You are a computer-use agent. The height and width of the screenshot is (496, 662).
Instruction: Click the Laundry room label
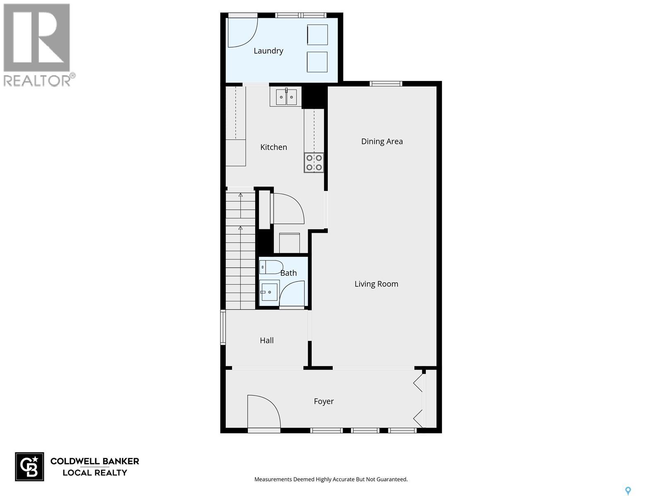[x=268, y=51]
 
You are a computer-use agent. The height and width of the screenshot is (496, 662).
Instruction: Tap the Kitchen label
[x=273, y=147]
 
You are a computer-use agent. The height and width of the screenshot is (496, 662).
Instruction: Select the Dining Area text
[x=381, y=141]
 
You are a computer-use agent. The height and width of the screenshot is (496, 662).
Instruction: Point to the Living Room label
[x=376, y=284]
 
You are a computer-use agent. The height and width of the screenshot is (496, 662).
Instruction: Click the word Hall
[x=266, y=341]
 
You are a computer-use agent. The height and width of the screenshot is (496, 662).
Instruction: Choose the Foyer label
[x=324, y=401]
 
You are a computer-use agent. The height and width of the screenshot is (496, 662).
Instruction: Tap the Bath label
[x=288, y=273]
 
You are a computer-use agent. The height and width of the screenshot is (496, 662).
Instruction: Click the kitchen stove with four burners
[x=314, y=162]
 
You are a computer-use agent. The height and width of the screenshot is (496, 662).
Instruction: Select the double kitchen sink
[x=286, y=97]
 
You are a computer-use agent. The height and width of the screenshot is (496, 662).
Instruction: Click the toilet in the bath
[x=271, y=267]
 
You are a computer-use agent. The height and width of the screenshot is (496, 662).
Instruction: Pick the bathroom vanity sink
[x=269, y=292]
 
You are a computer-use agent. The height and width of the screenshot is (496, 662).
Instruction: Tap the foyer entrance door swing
[x=262, y=411]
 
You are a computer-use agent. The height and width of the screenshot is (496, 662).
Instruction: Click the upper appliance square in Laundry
[x=317, y=35]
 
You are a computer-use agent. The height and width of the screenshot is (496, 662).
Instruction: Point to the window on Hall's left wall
[x=223, y=328]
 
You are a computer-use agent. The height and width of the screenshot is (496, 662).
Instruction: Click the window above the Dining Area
[x=386, y=84]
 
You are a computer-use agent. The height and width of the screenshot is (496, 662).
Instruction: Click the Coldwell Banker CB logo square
[x=29, y=467]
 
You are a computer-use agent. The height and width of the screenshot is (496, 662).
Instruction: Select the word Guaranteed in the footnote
[x=391, y=479]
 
